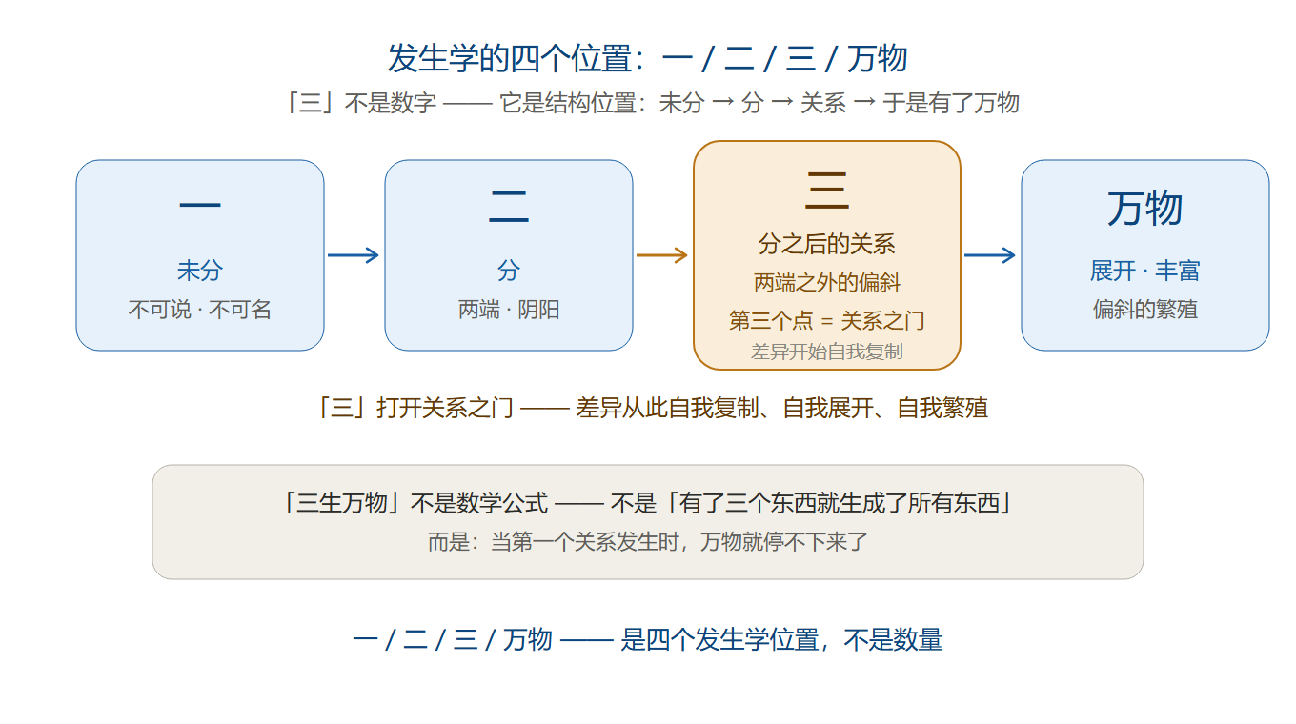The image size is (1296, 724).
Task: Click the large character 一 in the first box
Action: pos(200,205)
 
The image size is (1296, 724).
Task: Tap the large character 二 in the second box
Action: pos(509,207)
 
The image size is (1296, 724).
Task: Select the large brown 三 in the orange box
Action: pos(827,191)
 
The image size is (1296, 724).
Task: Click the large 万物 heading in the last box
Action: pos(1144,208)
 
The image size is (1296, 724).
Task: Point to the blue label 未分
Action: pos(199,270)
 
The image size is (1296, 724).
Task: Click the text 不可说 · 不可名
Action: pos(199,310)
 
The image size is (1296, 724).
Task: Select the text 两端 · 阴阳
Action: pos(509,310)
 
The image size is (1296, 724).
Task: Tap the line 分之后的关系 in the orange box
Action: pos(827,244)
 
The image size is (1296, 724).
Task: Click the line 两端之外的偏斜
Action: pos(827,283)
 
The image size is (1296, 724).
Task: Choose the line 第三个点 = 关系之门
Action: pos(827,320)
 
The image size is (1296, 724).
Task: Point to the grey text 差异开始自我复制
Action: pos(827,352)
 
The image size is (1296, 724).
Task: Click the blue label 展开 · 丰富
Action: pos(1144,270)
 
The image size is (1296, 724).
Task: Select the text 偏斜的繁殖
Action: pos(1144,310)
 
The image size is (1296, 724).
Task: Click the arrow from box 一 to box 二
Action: pos(354,255)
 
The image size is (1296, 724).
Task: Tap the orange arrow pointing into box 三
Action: pos(662,255)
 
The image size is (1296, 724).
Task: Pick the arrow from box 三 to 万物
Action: pos(990,255)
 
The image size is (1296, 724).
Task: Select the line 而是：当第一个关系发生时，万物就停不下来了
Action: pos(648,542)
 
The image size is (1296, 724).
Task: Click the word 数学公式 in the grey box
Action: pos(501,503)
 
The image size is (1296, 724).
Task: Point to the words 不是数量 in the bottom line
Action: pos(893,639)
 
